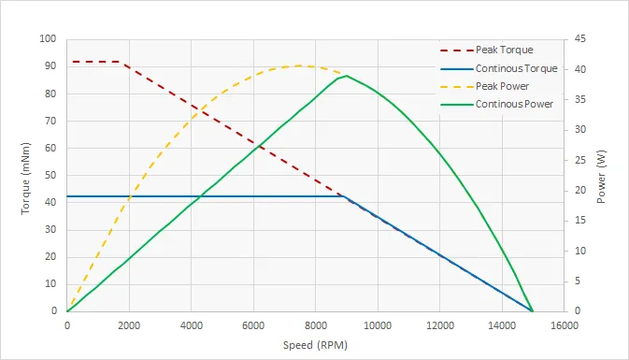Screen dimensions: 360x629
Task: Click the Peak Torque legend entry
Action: [505, 50]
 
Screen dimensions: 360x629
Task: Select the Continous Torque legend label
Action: [516, 68]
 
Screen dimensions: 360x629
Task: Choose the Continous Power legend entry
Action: [514, 104]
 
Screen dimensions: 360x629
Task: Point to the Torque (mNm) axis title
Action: [26, 176]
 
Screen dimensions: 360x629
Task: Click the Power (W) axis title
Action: [602, 176]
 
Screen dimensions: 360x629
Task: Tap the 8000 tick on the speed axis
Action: [315, 324]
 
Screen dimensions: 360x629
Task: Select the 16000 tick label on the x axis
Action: [564, 324]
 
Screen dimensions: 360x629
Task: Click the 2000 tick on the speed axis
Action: [129, 324]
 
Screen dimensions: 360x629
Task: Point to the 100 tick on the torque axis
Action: [49, 40]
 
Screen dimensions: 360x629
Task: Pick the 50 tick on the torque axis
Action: [51, 176]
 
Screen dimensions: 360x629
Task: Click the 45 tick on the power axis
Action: [579, 40]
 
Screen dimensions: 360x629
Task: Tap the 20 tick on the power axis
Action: [579, 191]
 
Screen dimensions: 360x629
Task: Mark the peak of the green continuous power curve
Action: [347, 76]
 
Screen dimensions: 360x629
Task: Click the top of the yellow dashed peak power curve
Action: [299, 65]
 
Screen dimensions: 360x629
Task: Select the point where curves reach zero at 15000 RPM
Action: [533, 311]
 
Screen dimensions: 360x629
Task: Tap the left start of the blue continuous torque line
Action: [67, 196]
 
